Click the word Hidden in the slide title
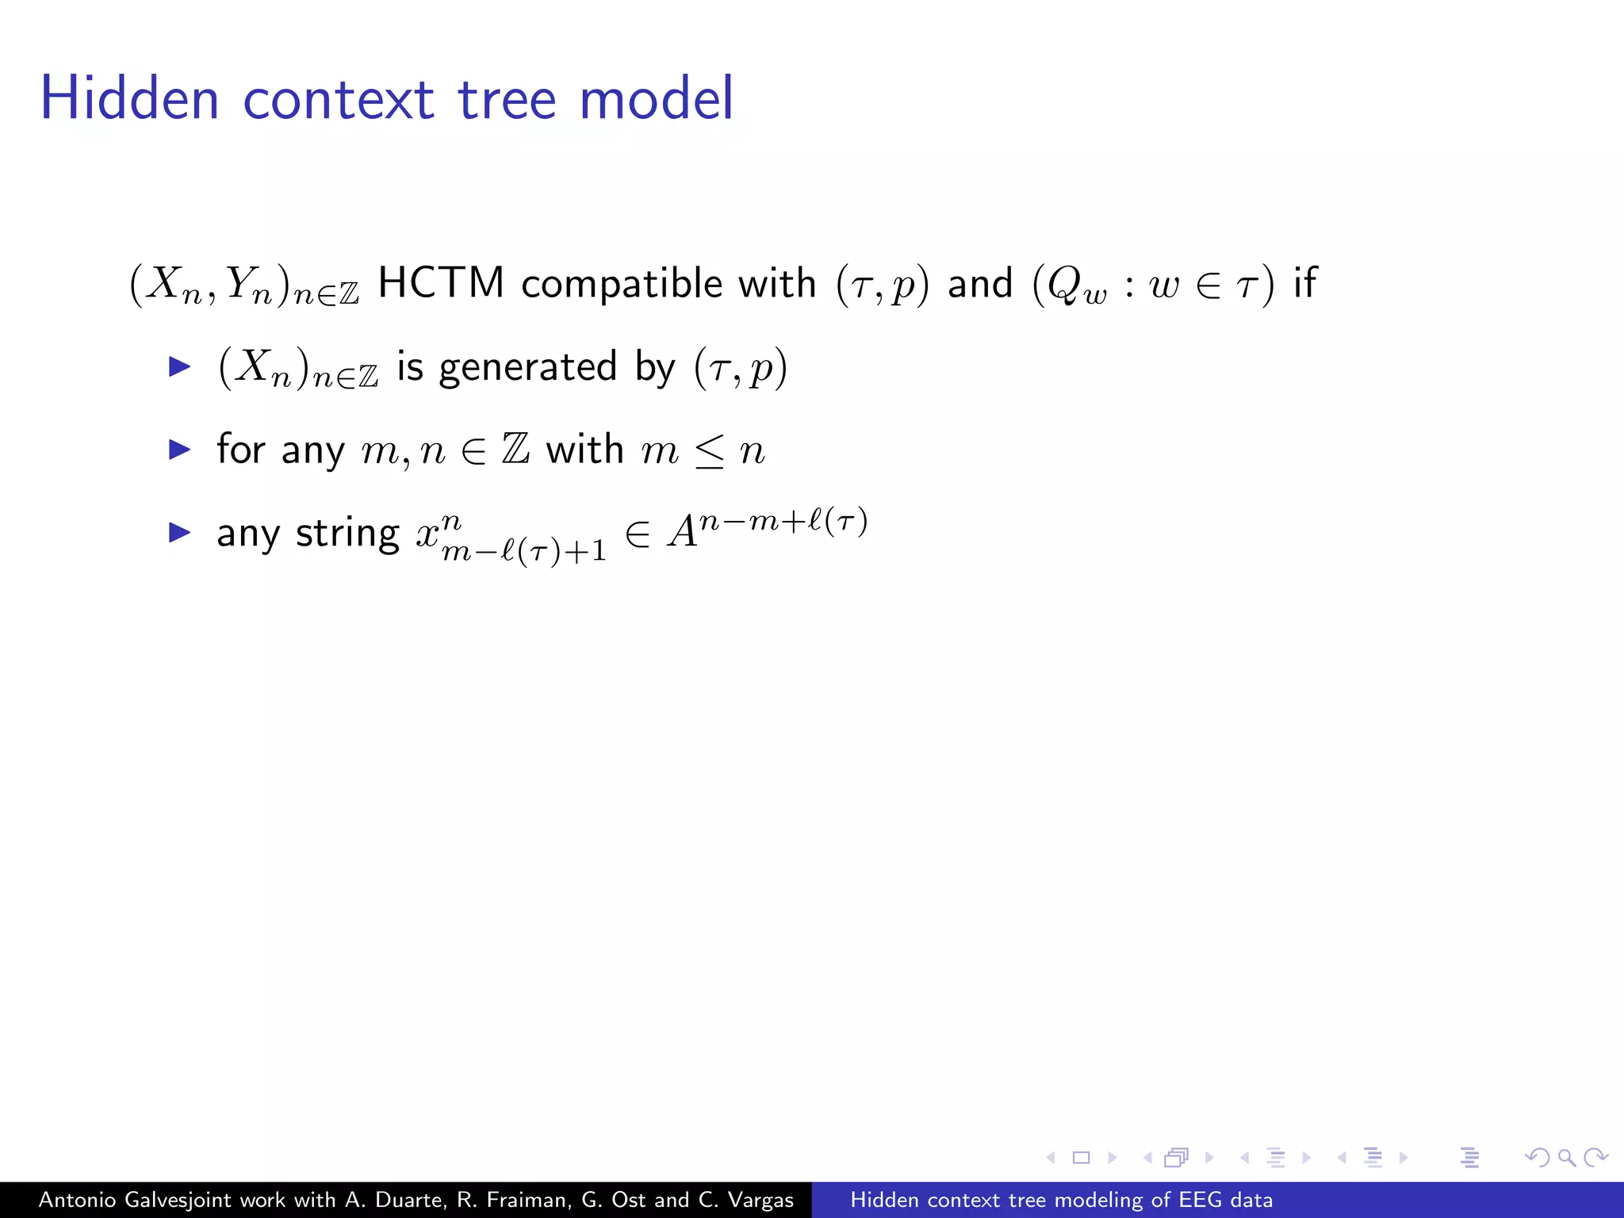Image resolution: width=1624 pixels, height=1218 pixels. (129, 98)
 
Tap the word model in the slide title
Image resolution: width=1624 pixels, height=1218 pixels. (657, 98)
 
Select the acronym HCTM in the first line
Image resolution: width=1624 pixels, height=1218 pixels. (441, 283)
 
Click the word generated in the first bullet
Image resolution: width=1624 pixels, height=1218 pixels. (527, 367)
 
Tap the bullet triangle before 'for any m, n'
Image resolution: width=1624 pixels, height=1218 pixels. (180, 450)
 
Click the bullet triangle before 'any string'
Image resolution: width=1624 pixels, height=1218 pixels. (180, 532)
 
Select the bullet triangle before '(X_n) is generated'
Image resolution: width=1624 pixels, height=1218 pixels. (180, 366)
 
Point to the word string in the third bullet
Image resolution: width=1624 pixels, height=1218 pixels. (347, 533)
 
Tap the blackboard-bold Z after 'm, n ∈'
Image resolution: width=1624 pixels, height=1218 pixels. (515, 450)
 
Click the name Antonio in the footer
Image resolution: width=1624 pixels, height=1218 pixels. (78, 1200)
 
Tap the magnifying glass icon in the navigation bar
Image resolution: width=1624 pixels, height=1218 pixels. (1566, 1158)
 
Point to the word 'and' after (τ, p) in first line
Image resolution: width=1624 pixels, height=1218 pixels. (980, 283)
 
